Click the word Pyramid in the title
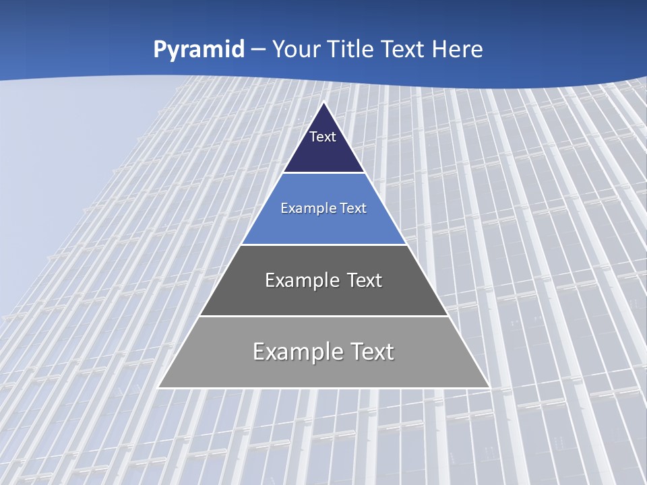pyautogui.click(x=199, y=50)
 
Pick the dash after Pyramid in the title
pyautogui.click(x=257, y=50)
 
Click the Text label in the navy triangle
pyautogui.click(x=323, y=137)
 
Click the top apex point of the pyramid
pyautogui.click(x=323, y=102)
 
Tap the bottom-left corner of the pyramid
pyautogui.click(x=159, y=387)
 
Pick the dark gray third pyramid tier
pyautogui.click(x=323, y=300)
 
